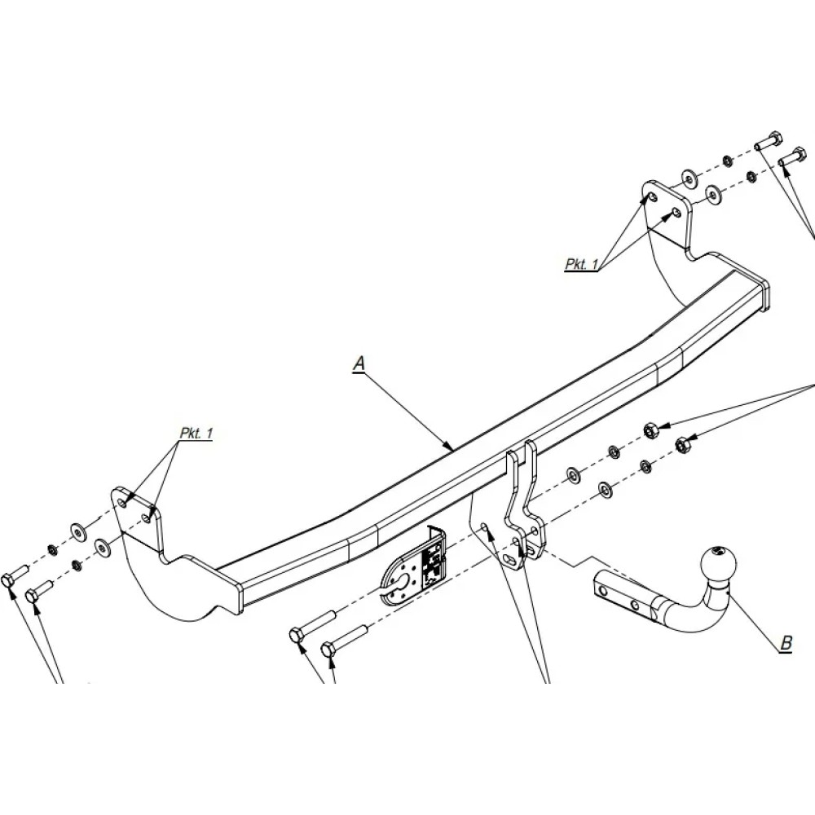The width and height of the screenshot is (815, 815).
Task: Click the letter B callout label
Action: coord(786,643)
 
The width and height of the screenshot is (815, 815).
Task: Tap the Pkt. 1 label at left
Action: coord(196,434)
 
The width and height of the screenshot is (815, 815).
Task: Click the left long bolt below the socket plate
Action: coord(310,627)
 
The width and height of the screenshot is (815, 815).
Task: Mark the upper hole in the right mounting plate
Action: coord(650,198)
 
